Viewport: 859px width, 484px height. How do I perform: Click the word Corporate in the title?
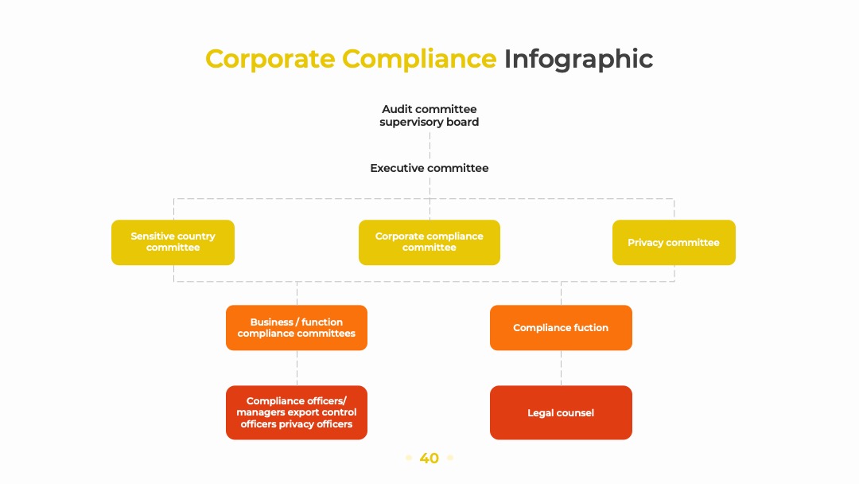coord(270,59)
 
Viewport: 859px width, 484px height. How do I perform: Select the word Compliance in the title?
coord(419,59)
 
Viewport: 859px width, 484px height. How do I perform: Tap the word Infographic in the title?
coord(578,59)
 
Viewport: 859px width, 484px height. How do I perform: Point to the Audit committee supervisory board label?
coord(429,115)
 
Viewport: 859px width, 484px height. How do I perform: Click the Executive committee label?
coord(429,168)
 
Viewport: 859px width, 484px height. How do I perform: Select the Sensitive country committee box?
coord(173,242)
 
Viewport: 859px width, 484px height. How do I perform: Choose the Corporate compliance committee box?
coord(429,242)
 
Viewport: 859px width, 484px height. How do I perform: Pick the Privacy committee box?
coord(674,242)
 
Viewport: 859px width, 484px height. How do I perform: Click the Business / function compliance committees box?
coord(297,328)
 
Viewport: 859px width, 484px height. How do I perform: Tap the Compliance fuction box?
coord(561,328)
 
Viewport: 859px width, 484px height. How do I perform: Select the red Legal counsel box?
coord(561,412)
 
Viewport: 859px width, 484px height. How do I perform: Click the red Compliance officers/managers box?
coord(297,412)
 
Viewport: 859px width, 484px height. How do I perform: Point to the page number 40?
coord(429,459)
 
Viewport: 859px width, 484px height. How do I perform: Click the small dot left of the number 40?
coord(409,458)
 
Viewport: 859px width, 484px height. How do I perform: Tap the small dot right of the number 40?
coord(449,458)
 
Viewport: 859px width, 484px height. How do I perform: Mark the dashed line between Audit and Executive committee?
coord(429,145)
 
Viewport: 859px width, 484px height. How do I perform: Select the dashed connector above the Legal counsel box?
coord(561,368)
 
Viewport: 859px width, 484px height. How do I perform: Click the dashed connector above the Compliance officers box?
coord(297,368)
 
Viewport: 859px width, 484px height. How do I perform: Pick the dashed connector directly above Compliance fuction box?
coord(561,293)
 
